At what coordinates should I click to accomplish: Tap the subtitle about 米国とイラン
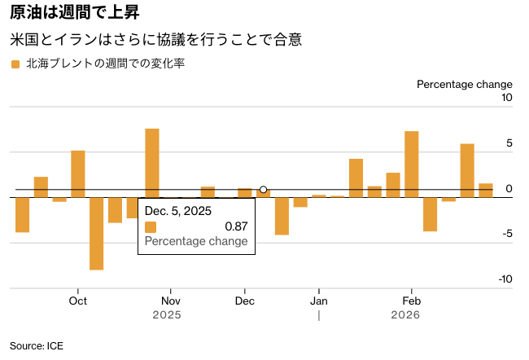(x=155, y=39)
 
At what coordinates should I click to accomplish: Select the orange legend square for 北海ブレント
(x=15, y=64)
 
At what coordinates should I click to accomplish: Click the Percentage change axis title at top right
(x=464, y=84)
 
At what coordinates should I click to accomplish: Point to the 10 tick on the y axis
(x=506, y=99)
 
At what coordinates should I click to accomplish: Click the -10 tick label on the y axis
(x=505, y=279)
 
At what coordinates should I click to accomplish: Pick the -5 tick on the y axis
(x=506, y=235)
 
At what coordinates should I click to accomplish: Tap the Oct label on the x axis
(x=78, y=300)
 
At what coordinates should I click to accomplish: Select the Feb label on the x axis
(x=411, y=300)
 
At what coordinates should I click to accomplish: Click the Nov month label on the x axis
(x=170, y=300)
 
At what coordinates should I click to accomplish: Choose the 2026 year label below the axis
(x=405, y=314)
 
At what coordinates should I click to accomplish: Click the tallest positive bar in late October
(x=152, y=161)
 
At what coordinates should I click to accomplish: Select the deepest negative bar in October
(x=96, y=233)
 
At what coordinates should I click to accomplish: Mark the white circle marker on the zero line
(x=263, y=190)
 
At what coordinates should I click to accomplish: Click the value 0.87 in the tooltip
(x=236, y=226)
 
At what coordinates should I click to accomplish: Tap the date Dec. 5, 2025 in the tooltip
(x=177, y=211)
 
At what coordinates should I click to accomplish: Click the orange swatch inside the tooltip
(x=150, y=226)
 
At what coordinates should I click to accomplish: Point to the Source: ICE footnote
(x=37, y=345)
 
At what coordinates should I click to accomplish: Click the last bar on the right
(x=486, y=190)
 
